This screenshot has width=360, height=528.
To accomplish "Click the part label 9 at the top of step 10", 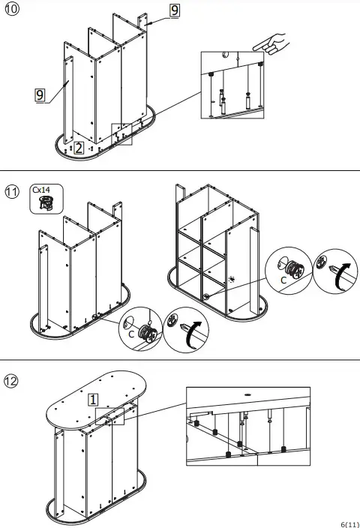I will tap(174, 10).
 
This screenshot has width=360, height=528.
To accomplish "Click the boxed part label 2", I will tap(79, 148).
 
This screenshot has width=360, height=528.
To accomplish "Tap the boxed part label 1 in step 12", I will tap(94, 399).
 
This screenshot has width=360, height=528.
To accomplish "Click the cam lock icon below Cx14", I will tap(45, 200).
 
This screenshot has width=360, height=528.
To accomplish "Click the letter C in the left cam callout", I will tap(131, 334).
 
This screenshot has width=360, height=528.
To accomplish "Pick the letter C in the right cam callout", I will tap(283, 280).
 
